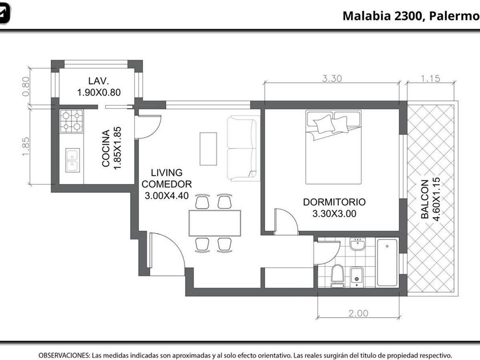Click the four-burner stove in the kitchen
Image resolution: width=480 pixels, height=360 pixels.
click(71, 121)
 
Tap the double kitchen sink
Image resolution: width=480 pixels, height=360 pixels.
click(73, 160)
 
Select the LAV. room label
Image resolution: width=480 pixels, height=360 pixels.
click(98, 81)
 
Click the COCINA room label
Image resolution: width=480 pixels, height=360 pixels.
click(106, 148)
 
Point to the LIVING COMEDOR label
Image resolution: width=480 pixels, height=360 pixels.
click(166, 178)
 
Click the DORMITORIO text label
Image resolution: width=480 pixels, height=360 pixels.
click(334, 202)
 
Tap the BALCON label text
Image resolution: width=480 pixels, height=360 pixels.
click(425, 199)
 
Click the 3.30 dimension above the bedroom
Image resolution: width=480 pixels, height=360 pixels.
click(332, 79)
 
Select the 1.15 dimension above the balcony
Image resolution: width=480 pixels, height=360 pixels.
click(430, 79)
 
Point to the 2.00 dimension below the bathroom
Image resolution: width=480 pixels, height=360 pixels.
click(358, 313)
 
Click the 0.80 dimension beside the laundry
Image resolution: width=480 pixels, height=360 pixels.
click(26, 86)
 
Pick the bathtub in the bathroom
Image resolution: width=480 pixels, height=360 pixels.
click(387, 263)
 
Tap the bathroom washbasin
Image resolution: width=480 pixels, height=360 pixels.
click(358, 245)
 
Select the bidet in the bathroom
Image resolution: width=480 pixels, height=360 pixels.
click(357, 277)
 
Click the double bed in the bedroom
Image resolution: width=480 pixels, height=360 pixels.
click(333, 147)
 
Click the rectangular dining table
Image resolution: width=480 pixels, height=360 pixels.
click(215, 223)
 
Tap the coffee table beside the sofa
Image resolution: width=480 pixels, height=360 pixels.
click(208, 149)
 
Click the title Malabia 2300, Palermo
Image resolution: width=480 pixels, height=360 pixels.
click(411, 16)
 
